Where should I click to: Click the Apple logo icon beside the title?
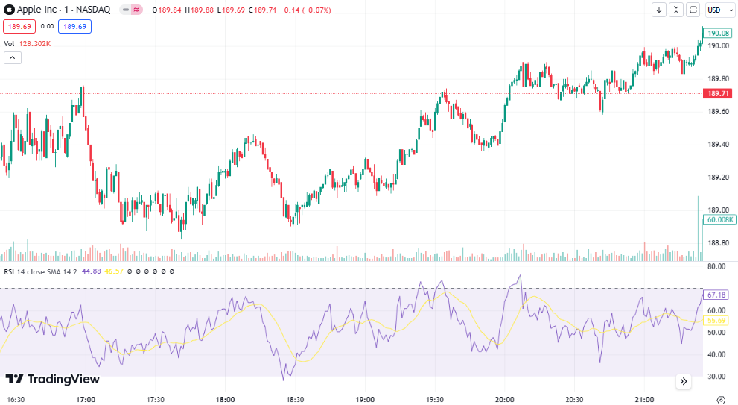click(9, 10)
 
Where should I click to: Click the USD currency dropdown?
click(720, 10)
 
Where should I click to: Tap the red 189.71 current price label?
click(718, 93)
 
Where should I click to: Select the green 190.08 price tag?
click(718, 33)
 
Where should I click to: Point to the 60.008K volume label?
click(719, 220)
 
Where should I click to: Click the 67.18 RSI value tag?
click(716, 295)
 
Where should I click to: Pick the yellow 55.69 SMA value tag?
click(716, 321)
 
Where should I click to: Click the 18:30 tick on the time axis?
click(295, 399)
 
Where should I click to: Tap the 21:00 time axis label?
click(644, 399)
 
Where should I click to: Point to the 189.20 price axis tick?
click(718, 178)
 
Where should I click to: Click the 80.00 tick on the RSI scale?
click(716, 266)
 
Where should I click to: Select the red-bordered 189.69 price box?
click(19, 26)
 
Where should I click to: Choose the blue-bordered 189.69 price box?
click(74, 26)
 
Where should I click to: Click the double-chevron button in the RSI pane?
click(684, 381)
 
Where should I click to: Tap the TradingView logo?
click(53, 379)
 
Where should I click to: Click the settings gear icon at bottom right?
click(721, 401)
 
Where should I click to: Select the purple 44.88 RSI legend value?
click(92, 271)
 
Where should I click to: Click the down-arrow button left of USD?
click(659, 10)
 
